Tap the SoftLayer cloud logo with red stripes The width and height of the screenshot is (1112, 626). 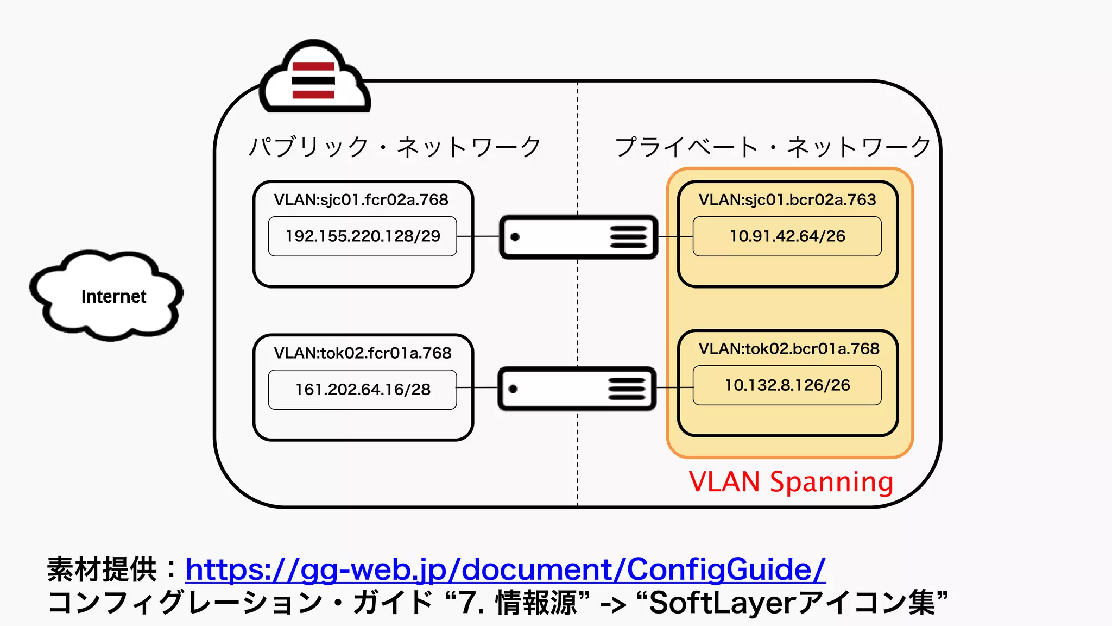click(314, 79)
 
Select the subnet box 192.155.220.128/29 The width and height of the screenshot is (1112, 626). click(362, 236)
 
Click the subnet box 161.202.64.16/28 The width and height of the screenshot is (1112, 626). click(362, 390)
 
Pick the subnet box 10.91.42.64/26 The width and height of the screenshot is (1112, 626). click(787, 236)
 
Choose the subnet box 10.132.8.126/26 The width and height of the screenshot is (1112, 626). click(787, 385)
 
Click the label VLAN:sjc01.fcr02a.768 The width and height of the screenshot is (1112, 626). click(361, 200)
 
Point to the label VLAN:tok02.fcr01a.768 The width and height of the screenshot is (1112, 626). click(362, 353)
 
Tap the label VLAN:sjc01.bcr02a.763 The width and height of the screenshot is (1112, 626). click(787, 200)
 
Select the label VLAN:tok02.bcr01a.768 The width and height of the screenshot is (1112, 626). click(788, 349)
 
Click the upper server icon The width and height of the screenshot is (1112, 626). click(578, 237)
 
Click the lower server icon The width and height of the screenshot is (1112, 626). click(577, 389)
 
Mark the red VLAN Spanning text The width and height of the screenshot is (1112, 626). click(791, 482)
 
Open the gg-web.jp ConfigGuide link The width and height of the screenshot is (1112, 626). click(505, 569)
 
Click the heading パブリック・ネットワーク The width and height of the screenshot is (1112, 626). click(395, 147)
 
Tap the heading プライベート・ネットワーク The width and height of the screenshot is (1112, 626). click(772, 147)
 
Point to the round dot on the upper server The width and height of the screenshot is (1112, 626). click(515, 237)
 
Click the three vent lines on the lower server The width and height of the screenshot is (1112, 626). click(627, 389)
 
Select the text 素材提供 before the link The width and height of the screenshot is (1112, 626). click(102, 569)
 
